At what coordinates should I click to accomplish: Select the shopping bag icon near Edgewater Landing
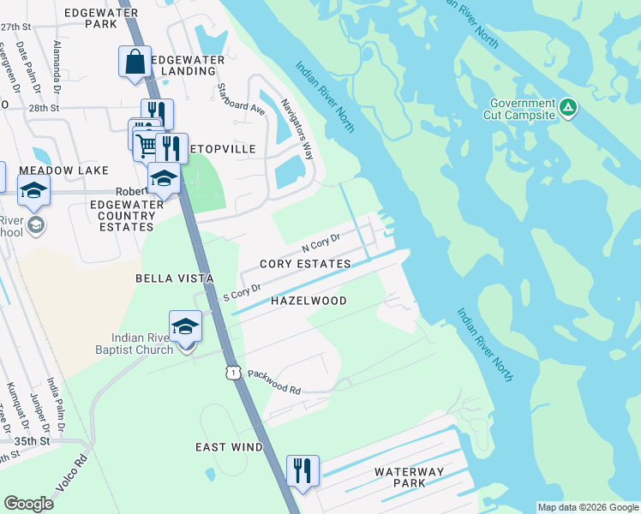pyautogui.click(x=135, y=63)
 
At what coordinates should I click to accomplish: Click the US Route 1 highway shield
pyautogui.click(x=232, y=372)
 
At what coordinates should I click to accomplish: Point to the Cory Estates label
pyautogui.click(x=305, y=264)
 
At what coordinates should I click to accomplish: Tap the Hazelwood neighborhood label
pyautogui.click(x=309, y=301)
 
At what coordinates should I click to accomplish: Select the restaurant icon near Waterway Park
pyautogui.click(x=303, y=471)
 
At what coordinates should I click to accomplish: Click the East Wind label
pyautogui.click(x=229, y=447)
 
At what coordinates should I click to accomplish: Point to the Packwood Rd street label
pyautogui.click(x=274, y=382)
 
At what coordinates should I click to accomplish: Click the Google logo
pyautogui.click(x=29, y=504)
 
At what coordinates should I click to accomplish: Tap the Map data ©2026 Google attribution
pyautogui.click(x=588, y=507)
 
